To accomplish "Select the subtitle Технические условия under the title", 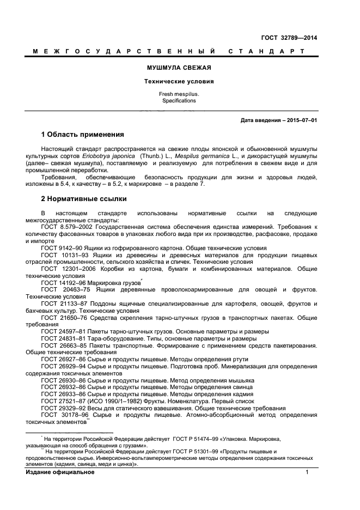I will pyautogui.click(x=179, y=81).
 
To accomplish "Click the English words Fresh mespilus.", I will pyautogui.click(x=179, y=94).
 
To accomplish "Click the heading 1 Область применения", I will pyautogui.click(x=82, y=135).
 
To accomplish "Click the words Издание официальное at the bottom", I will pyautogui.click(x=60, y=472).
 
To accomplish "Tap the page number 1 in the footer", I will pyautogui.click(x=307, y=472).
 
